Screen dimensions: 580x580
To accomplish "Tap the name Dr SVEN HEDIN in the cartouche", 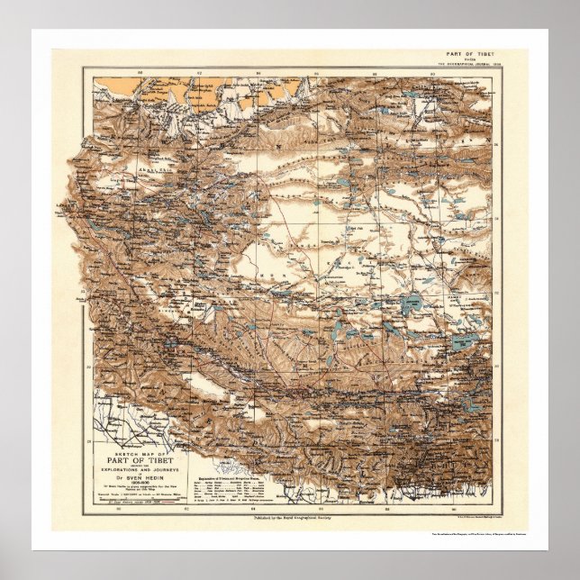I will [x=139, y=477].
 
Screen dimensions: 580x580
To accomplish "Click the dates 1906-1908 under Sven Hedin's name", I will [x=139, y=485].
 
